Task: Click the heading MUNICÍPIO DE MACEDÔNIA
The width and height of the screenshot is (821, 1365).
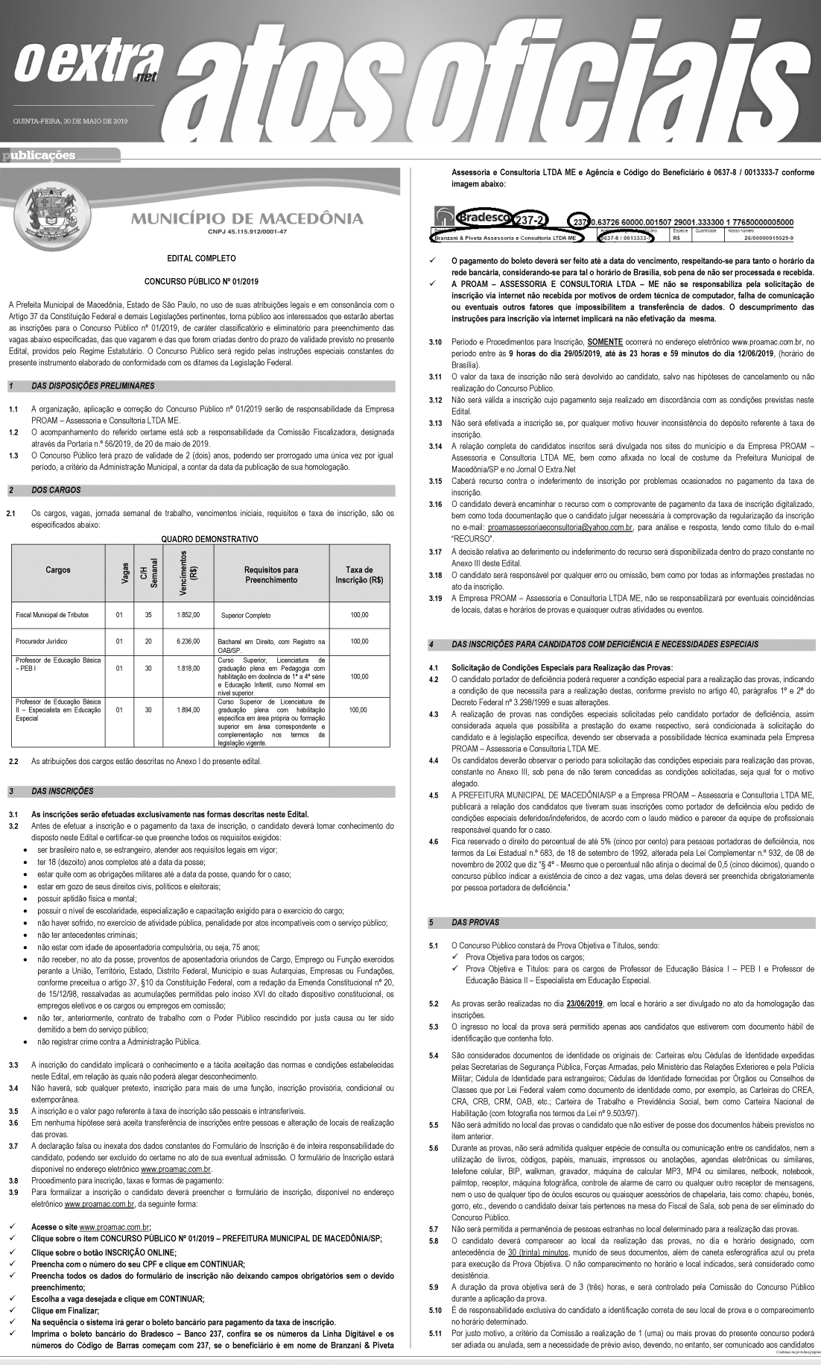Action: (x=247, y=219)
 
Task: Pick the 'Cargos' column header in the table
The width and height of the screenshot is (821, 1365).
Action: (x=58, y=570)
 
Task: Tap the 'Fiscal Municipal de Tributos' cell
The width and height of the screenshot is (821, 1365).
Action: (x=52, y=615)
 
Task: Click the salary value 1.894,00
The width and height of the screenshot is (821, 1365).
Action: (x=188, y=710)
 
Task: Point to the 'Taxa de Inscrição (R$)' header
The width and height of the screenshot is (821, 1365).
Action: (x=360, y=575)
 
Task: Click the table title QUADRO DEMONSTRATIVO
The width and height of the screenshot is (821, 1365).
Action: (x=209, y=539)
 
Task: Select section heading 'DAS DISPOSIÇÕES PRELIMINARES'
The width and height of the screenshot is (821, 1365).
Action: (x=93, y=386)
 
